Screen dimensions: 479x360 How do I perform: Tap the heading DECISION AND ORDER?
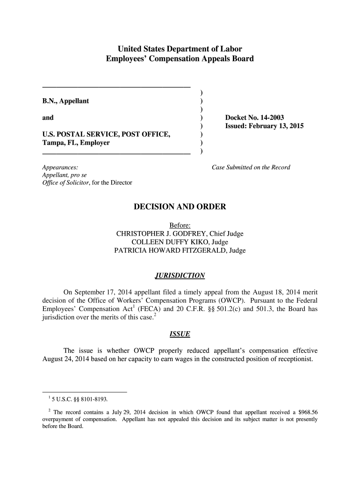[x=180, y=206]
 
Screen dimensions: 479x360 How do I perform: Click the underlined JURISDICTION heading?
[x=180, y=275]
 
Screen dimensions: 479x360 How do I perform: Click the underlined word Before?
[x=180, y=225]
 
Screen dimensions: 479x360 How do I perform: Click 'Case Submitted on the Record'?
[x=251, y=167]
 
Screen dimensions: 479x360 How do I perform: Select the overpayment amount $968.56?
[x=306, y=412]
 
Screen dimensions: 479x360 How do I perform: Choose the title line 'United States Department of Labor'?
[x=180, y=49]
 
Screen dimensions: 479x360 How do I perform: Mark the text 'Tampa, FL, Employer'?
[x=76, y=143]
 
